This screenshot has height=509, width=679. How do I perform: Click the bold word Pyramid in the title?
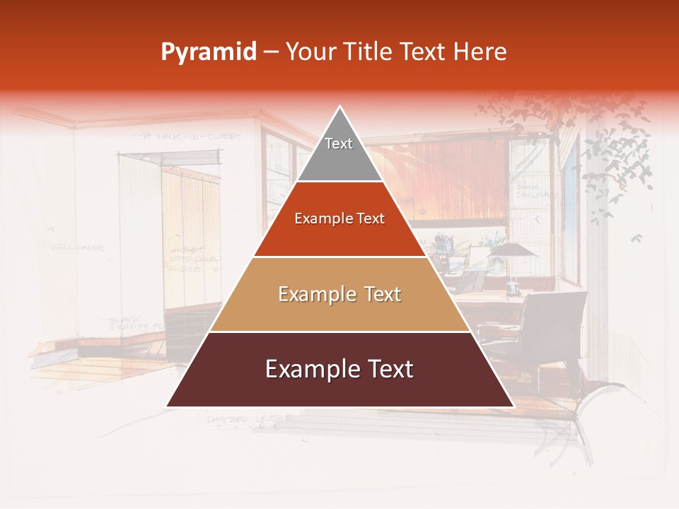pos(208,52)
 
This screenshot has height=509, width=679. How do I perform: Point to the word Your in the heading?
pos(308,52)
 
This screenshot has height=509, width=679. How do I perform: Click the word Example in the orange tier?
pos(316,218)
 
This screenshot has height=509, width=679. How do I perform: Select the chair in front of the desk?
pos(559,332)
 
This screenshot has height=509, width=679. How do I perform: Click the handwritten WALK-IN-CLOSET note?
pos(180,136)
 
